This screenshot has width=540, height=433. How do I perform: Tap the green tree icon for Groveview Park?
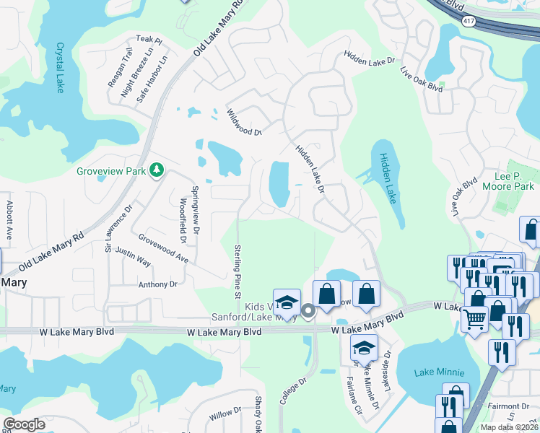pos(156,170)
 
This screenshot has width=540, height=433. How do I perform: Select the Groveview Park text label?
pos(111,171)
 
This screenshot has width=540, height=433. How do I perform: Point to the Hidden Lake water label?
pos(388,178)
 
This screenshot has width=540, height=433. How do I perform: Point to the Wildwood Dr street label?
pos(243,122)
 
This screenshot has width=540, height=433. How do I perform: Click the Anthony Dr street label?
pos(158,285)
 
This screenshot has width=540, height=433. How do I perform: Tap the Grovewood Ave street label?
pos(163,248)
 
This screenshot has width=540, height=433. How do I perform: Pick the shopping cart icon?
pos(474,318)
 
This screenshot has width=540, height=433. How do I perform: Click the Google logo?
pos(25,424)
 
